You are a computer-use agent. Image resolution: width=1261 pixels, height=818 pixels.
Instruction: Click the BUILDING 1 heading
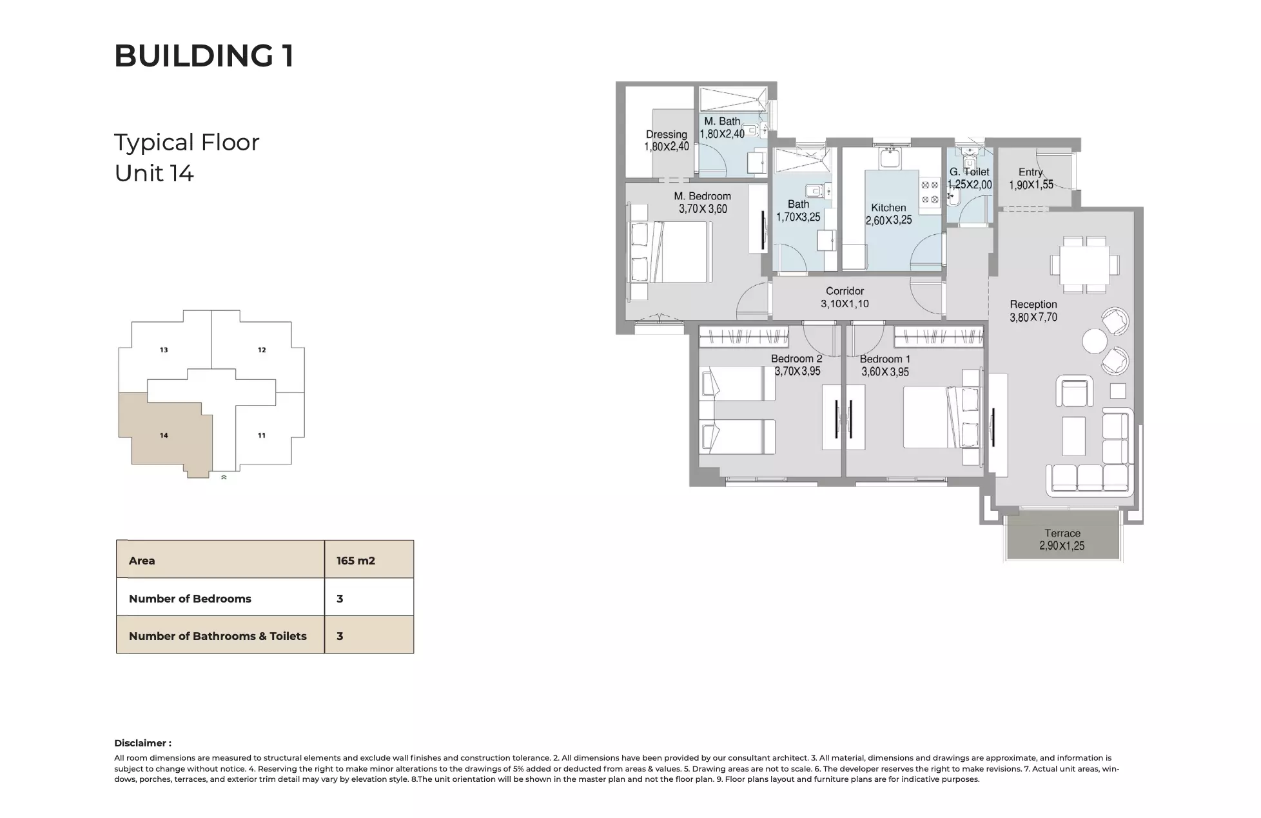204,55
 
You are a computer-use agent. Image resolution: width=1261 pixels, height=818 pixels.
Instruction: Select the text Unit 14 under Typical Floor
154,174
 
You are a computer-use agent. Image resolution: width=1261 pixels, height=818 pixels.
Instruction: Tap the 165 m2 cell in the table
355,560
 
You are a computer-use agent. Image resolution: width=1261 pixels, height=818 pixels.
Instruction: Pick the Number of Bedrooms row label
190,598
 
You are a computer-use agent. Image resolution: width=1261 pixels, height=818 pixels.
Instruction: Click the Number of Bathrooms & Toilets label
217,635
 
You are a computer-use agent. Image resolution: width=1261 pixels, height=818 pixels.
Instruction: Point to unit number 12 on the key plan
262,350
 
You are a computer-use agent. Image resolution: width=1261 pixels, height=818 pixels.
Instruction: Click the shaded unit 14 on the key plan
164,435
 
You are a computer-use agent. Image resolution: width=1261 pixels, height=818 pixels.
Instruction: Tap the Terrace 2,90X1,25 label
1062,539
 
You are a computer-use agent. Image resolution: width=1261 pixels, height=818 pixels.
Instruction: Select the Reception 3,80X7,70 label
1033,310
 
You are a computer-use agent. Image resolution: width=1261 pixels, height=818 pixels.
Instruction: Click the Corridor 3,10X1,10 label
845,297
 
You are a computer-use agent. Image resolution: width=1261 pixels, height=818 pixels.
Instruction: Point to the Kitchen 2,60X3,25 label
888,214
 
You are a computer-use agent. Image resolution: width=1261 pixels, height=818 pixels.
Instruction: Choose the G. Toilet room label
969,177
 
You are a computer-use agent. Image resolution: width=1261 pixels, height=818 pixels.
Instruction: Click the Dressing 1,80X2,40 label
666,140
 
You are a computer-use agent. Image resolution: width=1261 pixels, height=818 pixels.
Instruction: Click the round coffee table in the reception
1094,341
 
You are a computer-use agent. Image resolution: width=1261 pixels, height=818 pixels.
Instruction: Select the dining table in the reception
1084,264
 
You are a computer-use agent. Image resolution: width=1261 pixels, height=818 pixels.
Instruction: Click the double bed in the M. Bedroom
683,252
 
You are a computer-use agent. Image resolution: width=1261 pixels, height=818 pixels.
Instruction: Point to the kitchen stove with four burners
930,192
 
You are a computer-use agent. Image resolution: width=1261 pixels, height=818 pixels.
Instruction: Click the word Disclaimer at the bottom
142,743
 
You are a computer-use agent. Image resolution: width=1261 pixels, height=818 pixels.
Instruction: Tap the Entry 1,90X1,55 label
1031,178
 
